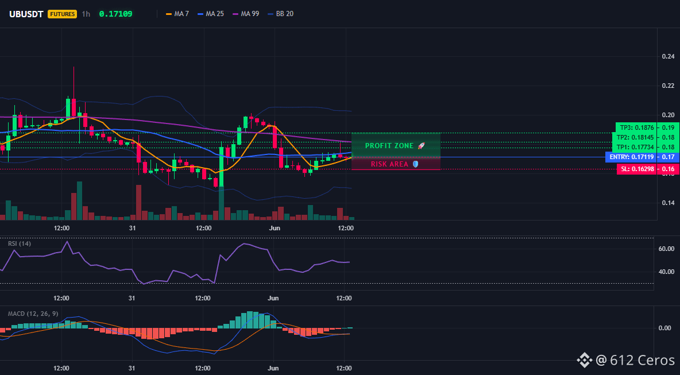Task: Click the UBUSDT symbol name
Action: pyautogui.click(x=26, y=14)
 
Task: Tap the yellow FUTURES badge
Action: pyautogui.click(x=63, y=14)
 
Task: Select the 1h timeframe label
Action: pyautogui.click(x=86, y=14)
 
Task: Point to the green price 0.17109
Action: pyautogui.click(x=116, y=14)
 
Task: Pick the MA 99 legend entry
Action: pyautogui.click(x=246, y=14)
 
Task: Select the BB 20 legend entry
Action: pyautogui.click(x=281, y=14)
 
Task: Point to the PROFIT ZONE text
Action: pyautogui.click(x=389, y=146)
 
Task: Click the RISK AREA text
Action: pyautogui.click(x=389, y=164)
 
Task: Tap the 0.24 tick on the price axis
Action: pyautogui.click(x=669, y=56)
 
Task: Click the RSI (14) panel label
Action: pyautogui.click(x=20, y=243)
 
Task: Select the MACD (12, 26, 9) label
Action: pyautogui.click(x=33, y=314)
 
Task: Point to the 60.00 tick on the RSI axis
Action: pyautogui.click(x=667, y=249)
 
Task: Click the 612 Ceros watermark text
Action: pyautogui.click(x=642, y=360)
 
